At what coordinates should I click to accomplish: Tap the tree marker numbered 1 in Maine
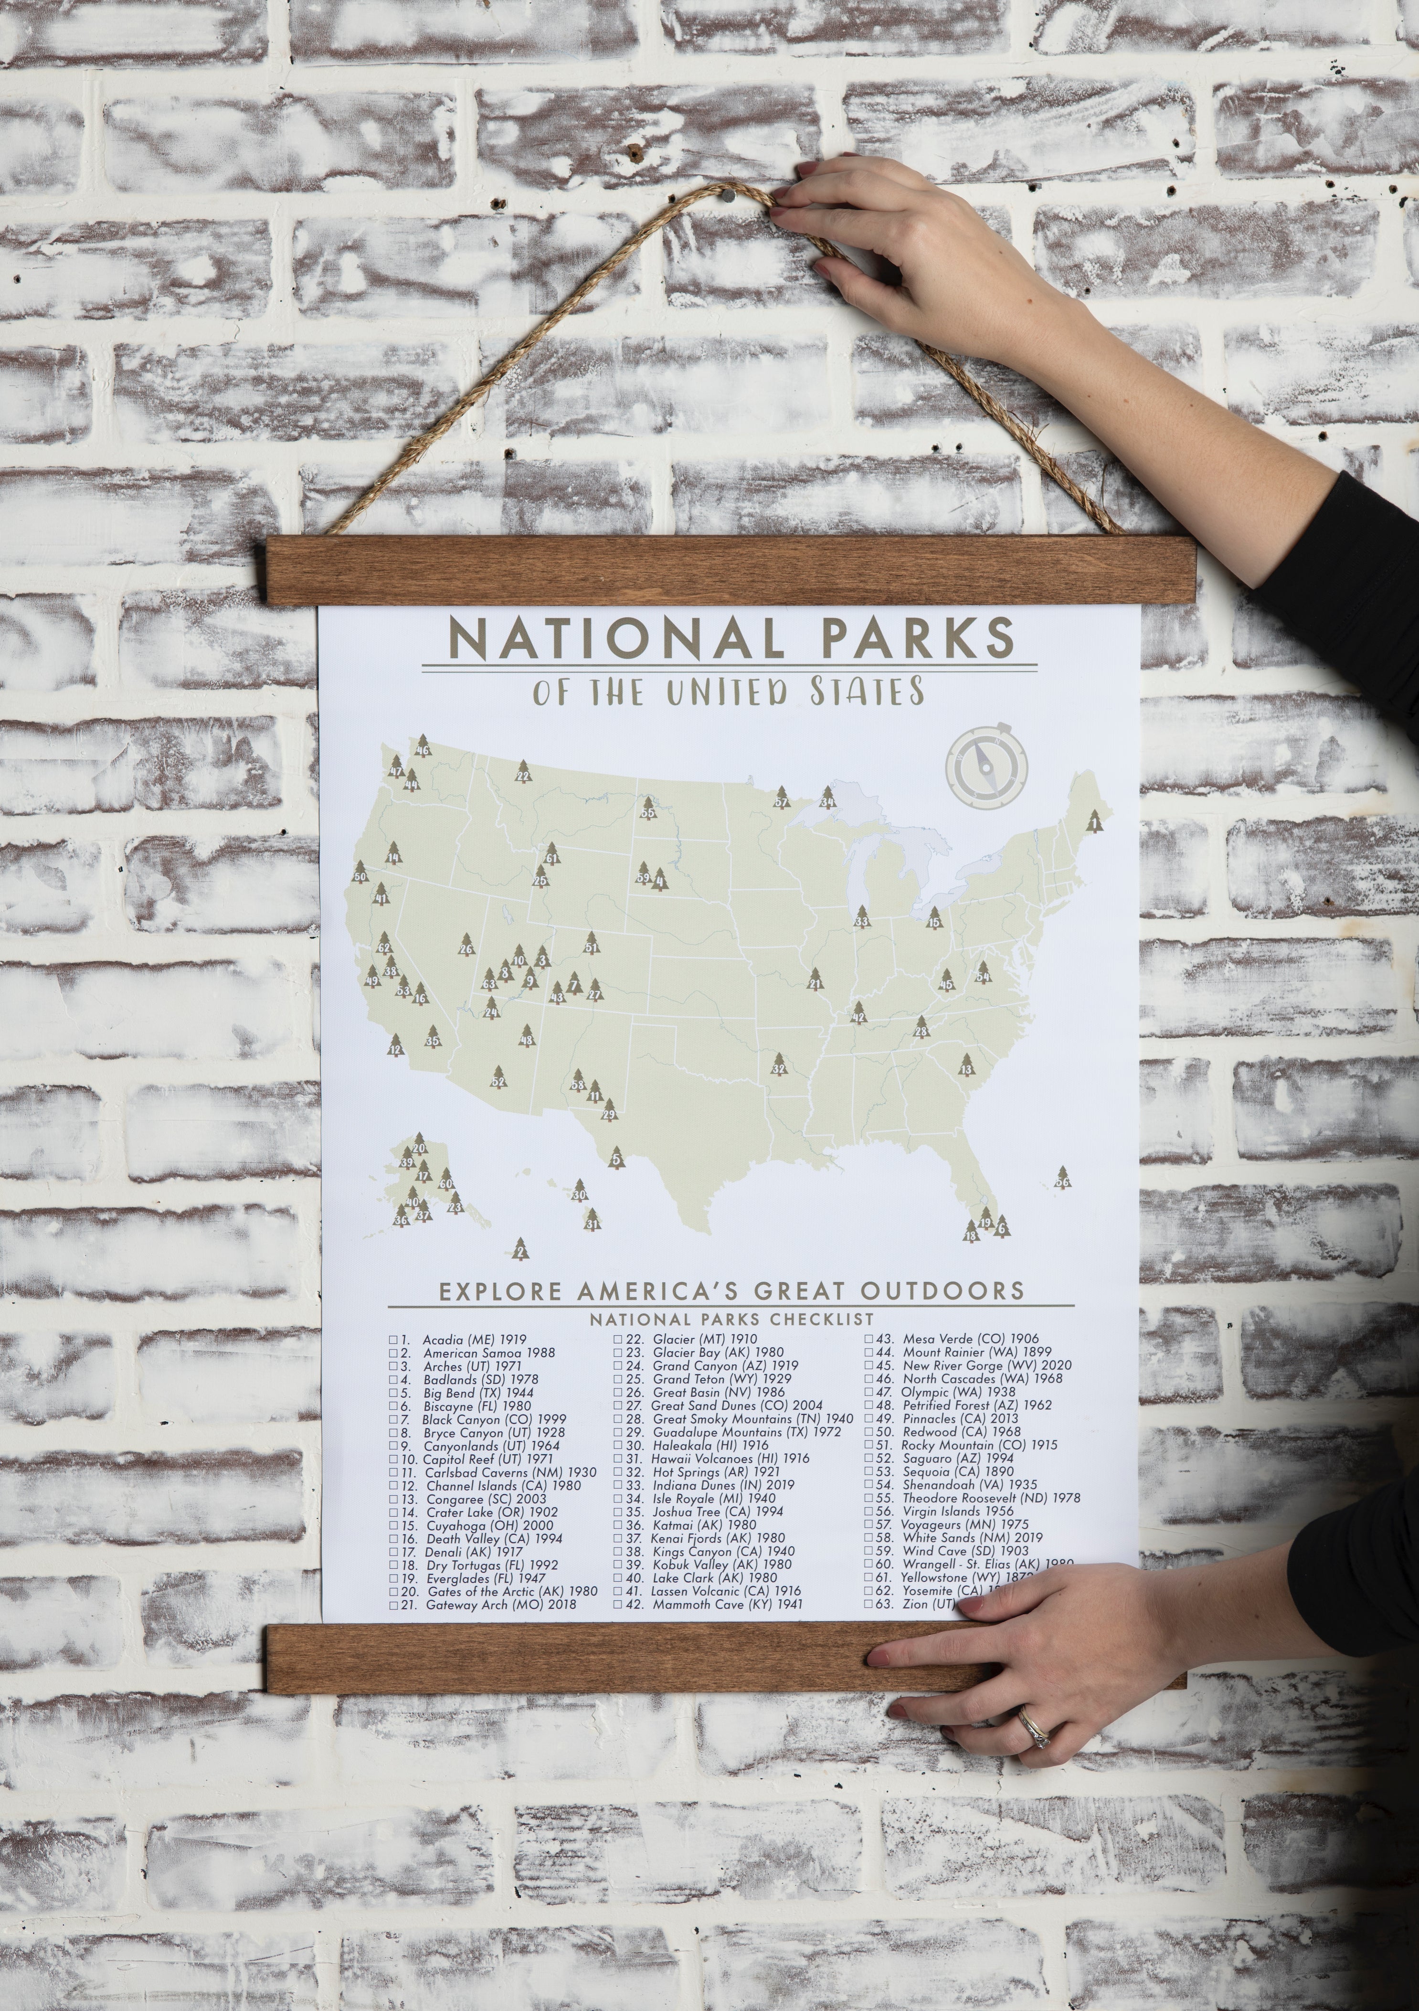tap(1093, 821)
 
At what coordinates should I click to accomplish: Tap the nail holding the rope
tap(729, 200)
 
